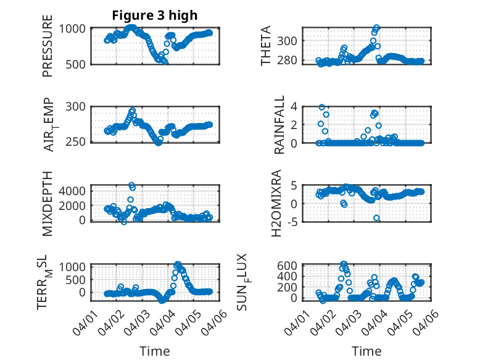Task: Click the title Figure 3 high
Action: (154, 15)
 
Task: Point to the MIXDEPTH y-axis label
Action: (48, 202)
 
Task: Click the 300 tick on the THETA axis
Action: (290, 41)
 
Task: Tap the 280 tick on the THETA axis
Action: (290, 60)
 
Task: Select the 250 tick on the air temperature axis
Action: (78, 142)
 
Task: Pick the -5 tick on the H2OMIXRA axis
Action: (292, 220)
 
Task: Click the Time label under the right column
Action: (366, 351)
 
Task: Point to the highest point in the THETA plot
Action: (376, 28)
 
